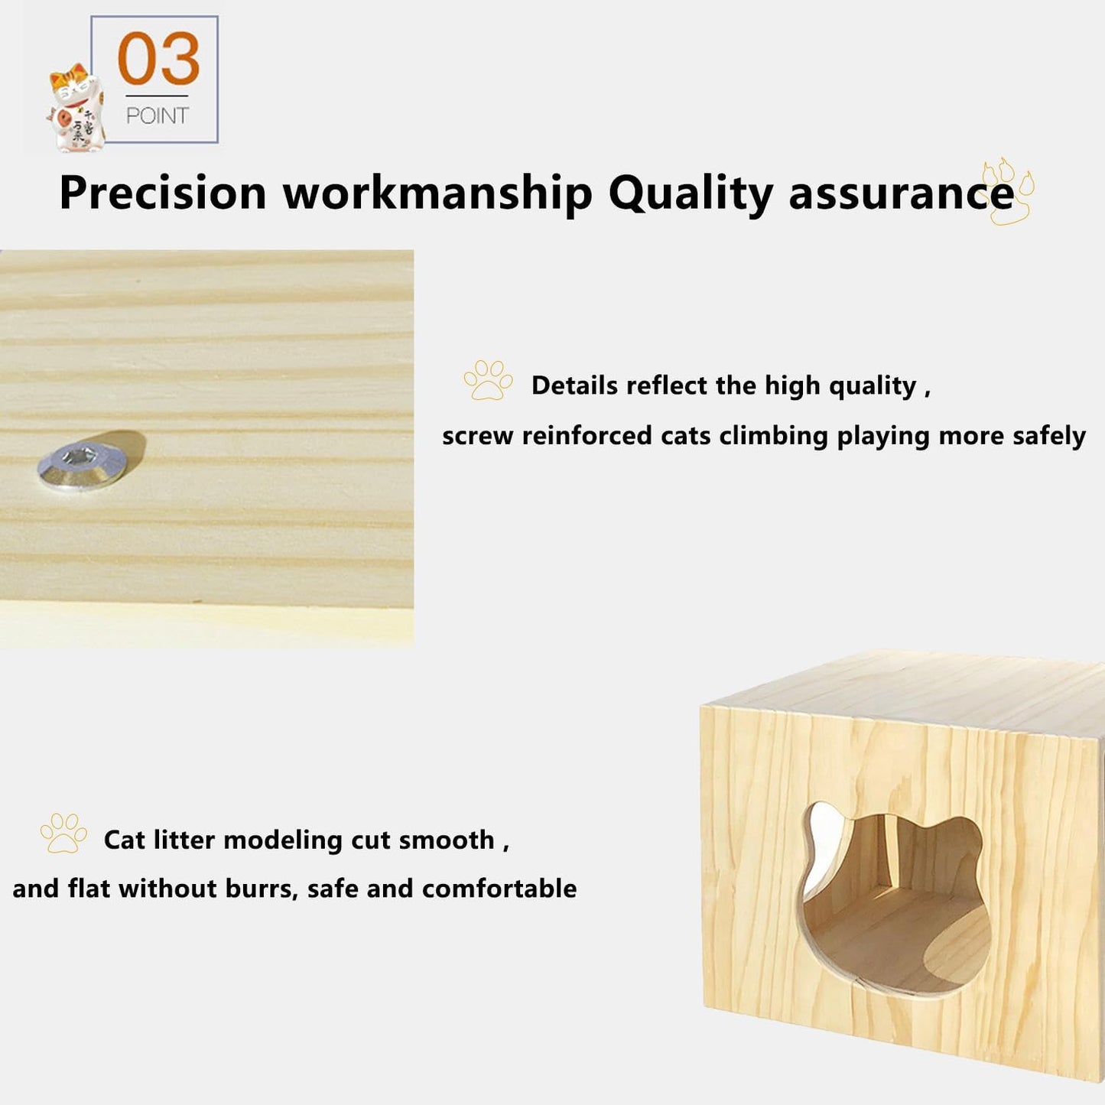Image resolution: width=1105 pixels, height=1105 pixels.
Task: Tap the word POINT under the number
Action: [x=157, y=115]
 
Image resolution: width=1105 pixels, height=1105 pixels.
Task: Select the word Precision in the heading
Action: [x=163, y=193]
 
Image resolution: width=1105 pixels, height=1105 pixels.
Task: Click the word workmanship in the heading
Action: [x=437, y=193]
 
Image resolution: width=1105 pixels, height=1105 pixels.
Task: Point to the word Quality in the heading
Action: [x=691, y=193]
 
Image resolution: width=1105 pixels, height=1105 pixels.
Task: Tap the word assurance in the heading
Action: [x=901, y=193]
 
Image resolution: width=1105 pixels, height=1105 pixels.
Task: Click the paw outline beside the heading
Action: [x=1007, y=191]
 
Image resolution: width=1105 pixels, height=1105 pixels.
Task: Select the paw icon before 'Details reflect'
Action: [x=488, y=380]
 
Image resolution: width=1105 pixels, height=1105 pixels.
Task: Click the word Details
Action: [x=574, y=385]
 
